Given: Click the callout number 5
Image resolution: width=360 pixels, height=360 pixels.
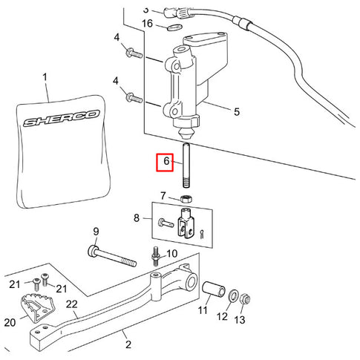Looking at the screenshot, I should click(236, 114).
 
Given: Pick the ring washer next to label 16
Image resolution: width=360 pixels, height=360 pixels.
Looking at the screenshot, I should click(173, 27).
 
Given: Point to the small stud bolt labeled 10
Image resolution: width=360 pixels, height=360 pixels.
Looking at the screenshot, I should click(157, 256).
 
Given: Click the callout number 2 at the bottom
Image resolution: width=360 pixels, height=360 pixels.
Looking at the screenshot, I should click(128, 345).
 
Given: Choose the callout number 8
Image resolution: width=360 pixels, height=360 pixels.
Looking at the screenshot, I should click(137, 219).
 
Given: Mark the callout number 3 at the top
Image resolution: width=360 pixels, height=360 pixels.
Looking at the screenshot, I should click(145, 10).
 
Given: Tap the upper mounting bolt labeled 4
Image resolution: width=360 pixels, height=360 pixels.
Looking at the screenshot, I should click(134, 53).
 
